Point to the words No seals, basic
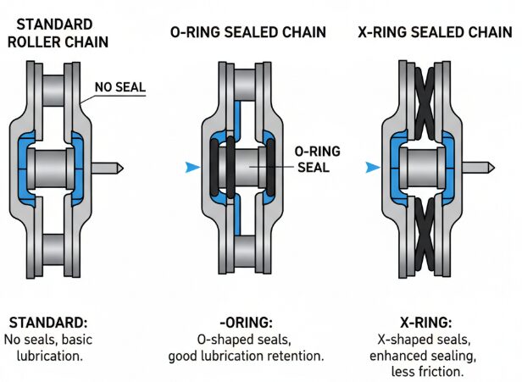(51, 340)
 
